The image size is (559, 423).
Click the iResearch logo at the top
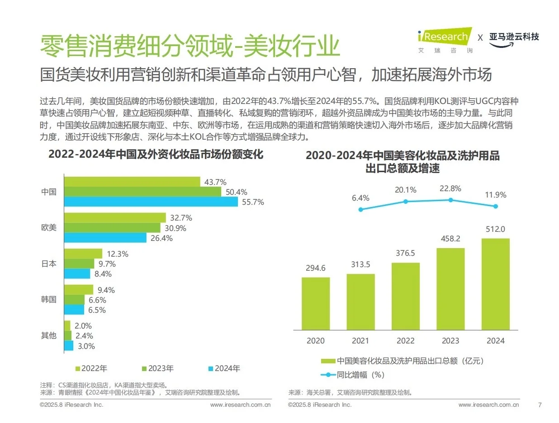(444, 37)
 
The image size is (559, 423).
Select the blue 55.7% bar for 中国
(151, 202)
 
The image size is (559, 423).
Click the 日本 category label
(49, 263)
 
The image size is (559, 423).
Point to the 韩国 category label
(49, 299)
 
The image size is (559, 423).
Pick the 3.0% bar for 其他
(69, 346)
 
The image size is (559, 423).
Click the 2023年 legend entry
(158, 368)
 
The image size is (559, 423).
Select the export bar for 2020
(316, 304)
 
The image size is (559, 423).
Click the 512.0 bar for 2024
(495, 284)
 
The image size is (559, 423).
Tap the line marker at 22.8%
(450, 200)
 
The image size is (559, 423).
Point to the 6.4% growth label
(360, 198)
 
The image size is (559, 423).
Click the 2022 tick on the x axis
(405, 341)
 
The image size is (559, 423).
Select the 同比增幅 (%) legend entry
(353, 374)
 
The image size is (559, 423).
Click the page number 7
(539, 404)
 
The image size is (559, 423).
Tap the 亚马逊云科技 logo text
(514, 37)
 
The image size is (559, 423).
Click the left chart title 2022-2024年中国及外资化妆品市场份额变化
(156, 154)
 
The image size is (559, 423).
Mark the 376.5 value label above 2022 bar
(405, 253)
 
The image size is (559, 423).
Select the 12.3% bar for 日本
(83, 254)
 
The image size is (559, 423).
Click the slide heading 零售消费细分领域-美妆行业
(190, 45)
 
